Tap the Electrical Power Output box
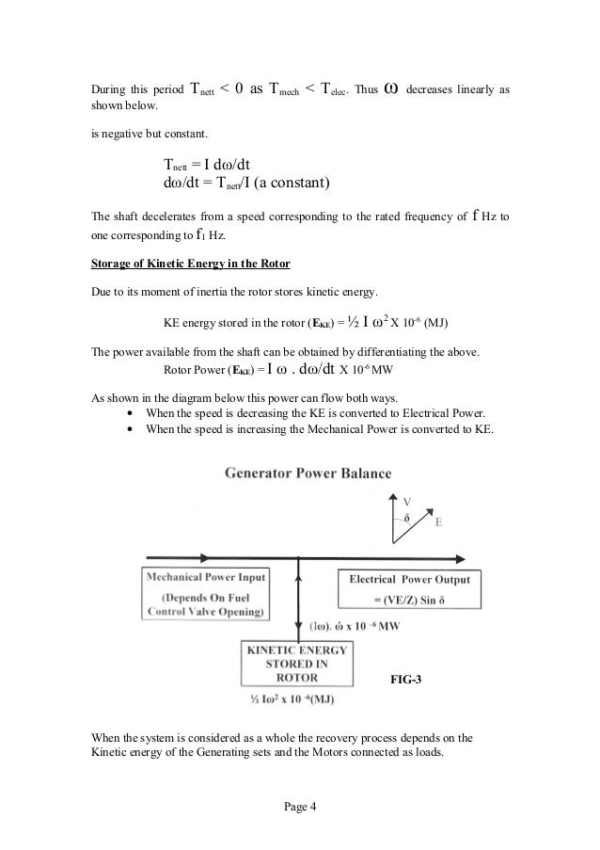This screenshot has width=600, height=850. (x=409, y=589)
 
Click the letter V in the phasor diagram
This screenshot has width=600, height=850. (x=406, y=500)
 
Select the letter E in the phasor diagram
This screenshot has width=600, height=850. (x=438, y=521)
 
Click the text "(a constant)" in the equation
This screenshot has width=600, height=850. (x=293, y=182)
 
